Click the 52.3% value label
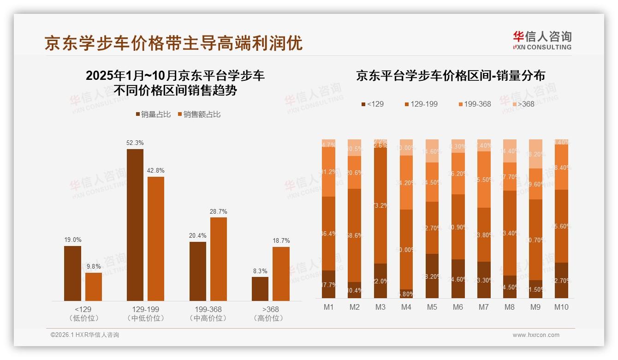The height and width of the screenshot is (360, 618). point(135,143)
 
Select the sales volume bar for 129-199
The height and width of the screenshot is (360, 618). point(135,225)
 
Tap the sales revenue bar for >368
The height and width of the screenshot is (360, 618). point(281,274)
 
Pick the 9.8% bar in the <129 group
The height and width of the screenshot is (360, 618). point(94,287)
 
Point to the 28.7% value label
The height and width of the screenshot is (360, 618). point(219,211)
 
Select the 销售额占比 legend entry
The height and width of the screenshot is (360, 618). point(199,114)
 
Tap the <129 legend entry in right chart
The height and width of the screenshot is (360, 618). point(372,104)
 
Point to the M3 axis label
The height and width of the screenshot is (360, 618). point(380,307)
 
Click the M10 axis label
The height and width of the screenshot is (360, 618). point(561,307)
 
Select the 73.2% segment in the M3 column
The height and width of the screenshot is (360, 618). point(380,205)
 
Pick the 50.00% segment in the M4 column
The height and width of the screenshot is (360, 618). point(406,249)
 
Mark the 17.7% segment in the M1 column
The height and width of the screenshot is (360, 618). point(328,284)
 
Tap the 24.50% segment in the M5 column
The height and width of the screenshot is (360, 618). point(433,182)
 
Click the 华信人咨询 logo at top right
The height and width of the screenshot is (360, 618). point(542,40)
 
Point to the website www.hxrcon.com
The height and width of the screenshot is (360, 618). point(536,335)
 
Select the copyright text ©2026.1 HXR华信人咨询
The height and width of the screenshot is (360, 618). point(85,335)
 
